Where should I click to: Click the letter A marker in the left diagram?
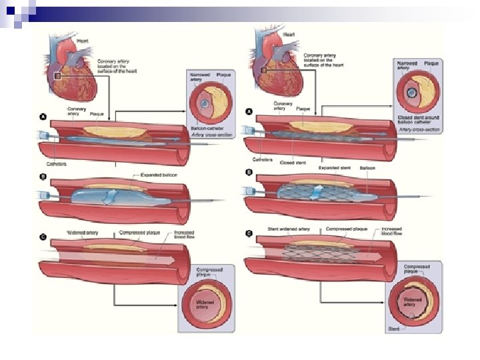[42, 117]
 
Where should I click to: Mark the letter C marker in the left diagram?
[42, 235]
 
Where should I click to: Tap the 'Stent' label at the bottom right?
[395, 328]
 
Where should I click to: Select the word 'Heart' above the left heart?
[83, 41]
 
